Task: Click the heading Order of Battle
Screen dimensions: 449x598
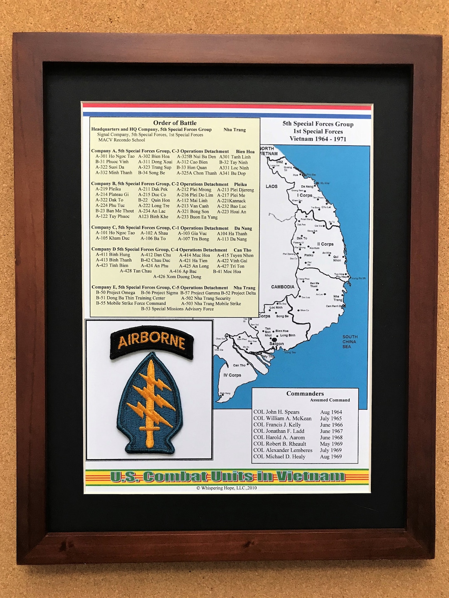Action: (x=175, y=123)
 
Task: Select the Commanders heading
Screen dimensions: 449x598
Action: (x=305, y=394)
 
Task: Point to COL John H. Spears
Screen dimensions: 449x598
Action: (x=276, y=412)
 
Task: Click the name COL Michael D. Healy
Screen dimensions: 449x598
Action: (x=279, y=456)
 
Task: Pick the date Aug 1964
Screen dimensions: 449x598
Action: (x=331, y=412)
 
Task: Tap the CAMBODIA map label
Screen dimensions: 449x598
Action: (x=283, y=287)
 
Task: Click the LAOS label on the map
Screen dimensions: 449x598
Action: (x=271, y=186)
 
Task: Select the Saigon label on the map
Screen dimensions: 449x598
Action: (x=276, y=344)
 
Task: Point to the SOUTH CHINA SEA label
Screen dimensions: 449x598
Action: (x=350, y=342)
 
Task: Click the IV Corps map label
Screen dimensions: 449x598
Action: (x=232, y=375)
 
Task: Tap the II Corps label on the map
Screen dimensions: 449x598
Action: (x=326, y=244)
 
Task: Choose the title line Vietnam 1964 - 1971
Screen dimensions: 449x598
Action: (x=318, y=139)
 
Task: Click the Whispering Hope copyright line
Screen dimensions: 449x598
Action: (x=227, y=488)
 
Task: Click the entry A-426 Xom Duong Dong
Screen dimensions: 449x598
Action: (x=177, y=277)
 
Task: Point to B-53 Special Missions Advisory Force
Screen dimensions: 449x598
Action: (x=177, y=309)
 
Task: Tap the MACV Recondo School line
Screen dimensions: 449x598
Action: (x=121, y=140)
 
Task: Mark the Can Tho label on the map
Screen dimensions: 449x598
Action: (x=239, y=365)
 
